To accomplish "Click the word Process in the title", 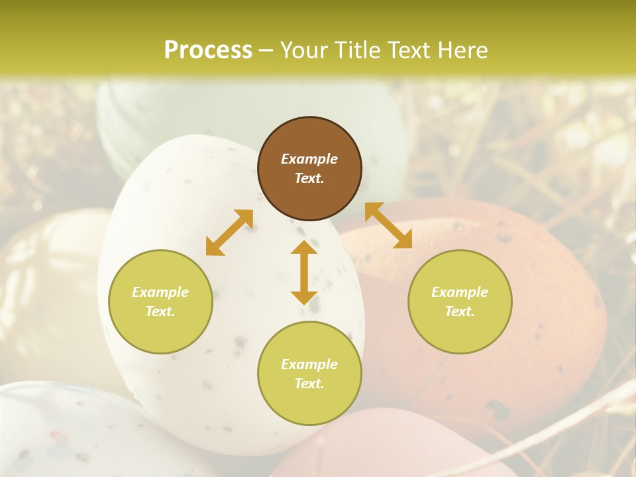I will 208,50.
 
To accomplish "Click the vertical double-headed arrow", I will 304,272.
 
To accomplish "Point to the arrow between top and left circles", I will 229,233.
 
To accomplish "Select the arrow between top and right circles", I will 388,225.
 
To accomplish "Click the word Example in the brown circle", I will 309,159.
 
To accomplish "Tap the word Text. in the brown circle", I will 309,178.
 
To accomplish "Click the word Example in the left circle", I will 160,292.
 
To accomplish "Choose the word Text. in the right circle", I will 460,311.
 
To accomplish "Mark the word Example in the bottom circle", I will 309,364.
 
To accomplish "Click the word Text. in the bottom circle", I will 309,384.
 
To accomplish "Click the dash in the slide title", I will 266,51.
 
